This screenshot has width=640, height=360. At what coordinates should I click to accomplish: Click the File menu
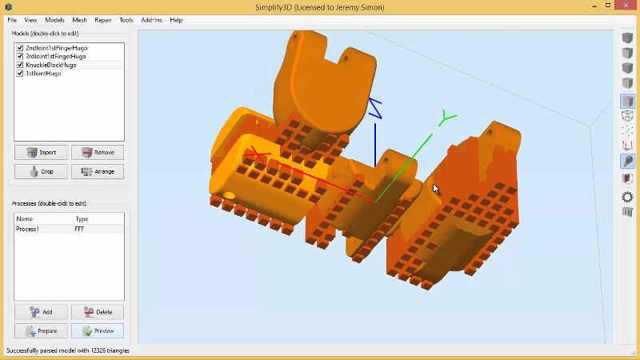[x=12, y=20]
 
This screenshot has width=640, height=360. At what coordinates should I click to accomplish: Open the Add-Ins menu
[x=150, y=20]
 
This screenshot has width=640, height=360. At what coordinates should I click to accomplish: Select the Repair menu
[x=103, y=20]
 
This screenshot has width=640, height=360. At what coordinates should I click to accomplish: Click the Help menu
[x=176, y=20]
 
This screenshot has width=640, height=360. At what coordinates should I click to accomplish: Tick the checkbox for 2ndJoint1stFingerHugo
[x=20, y=48]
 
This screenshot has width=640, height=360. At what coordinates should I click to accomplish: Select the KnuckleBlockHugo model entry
[x=51, y=65]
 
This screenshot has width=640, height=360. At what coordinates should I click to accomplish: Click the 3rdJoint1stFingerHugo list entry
[x=56, y=56]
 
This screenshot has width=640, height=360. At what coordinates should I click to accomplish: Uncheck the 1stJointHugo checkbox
[x=20, y=73]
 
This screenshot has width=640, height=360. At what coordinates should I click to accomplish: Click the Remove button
[x=98, y=152]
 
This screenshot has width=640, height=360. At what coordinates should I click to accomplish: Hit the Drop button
[x=41, y=171]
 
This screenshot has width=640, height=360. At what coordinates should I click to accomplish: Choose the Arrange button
[x=98, y=171]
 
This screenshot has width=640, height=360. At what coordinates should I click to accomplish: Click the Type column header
[x=82, y=218]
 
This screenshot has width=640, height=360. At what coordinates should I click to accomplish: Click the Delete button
[x=98, y=312]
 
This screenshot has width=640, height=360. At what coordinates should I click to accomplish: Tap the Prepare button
[x=41, y=330]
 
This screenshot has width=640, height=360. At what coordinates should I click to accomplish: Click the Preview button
[x=98, y=330]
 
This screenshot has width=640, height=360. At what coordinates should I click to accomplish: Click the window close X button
[x=625, y=7]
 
